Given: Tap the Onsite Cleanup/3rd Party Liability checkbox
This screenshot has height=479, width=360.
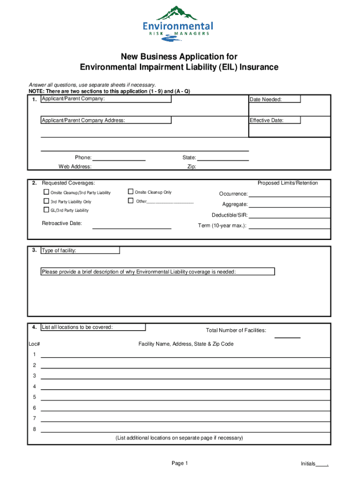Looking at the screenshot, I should pyautogui.click(x=46, y=192).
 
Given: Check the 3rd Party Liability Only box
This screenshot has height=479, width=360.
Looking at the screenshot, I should pyautogui.click(x=46, y=201).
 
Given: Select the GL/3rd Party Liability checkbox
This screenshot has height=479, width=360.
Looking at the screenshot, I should pyautogui.click(x=46, y=210).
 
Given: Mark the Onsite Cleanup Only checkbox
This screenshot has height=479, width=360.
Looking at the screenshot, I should pyautogui.click(x=130, y=192).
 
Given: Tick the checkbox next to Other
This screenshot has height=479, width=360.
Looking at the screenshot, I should pyautogui.click(x=130, y=201).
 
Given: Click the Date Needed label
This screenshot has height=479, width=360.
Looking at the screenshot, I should pyautogui.click(x=266, y=99).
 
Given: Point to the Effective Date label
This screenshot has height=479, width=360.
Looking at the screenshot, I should pyautogui.click(x=266, y=120).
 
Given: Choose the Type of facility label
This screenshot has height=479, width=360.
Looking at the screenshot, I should pyautogui.click(x=59, y=251).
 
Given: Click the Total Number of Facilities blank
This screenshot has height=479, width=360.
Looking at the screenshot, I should pyautogui.click(x=287, y=336).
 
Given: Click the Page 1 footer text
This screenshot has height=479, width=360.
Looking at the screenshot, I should pyautogui.click(x=180, y=463).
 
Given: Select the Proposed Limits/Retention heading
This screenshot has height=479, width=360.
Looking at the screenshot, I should pyautogui.click(x=288, y=183).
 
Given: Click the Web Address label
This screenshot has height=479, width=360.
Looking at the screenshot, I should pyautogui.click(x=75, y=167).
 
